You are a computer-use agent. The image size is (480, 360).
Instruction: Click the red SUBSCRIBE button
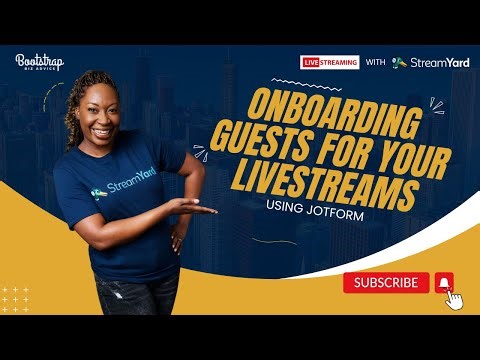pos(386,283)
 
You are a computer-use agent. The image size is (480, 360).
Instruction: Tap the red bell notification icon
pos(445,283)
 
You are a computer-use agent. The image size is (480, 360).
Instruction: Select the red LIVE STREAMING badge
pos(329,62)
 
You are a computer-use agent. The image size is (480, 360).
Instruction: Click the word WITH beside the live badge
pos(375,62)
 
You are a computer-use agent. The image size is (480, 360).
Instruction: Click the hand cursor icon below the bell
pos(455,299)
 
